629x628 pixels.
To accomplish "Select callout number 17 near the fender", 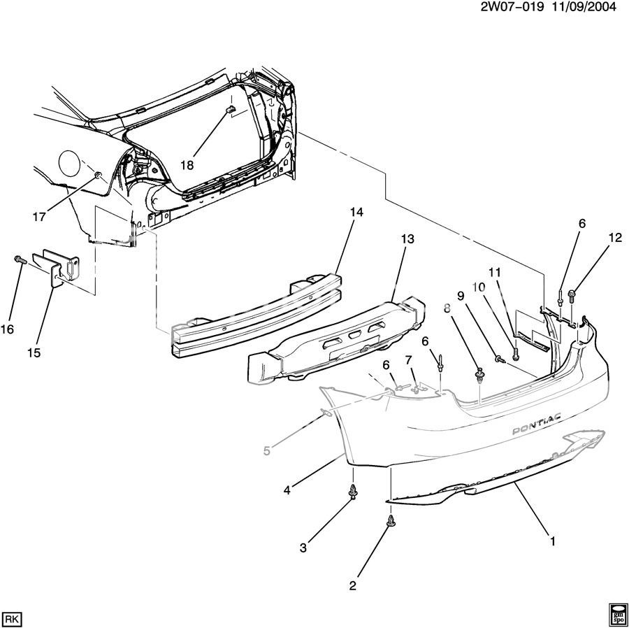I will pyautogui.click(x=39, y=217).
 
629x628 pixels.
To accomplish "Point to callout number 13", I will pyautogui.click(x=407, y=239).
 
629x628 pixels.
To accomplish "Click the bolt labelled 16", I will pyautogui.click(x=19, y=260).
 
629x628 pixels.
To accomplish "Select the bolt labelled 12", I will pyautogui.click(x=572, y=295).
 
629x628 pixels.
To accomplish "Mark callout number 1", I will pyautogui.click(x=552, y=541).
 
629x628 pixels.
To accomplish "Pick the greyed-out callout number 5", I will pyautogui.click(x=266, y=451).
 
